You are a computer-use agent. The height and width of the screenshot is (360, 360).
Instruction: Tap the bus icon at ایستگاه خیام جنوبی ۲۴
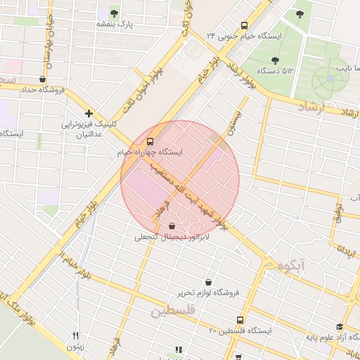point(244,24)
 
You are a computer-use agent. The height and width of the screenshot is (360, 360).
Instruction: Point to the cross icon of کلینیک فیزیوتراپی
point(89,113)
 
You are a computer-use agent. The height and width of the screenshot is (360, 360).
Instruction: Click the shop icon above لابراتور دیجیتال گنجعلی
point(172,226)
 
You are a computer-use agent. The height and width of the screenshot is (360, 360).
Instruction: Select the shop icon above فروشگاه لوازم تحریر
point(209,281)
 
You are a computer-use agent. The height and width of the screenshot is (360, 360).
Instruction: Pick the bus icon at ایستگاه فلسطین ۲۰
point(240,320)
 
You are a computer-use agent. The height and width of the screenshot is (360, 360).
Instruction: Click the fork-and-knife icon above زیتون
point(76,335)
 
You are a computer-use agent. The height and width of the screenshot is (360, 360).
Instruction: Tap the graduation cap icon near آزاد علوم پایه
point(340,327)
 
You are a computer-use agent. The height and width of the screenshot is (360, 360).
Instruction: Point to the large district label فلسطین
point(171,309)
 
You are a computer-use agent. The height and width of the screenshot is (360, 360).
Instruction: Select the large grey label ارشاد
point(314,106)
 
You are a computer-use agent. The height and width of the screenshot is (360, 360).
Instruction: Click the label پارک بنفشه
point(115,25)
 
